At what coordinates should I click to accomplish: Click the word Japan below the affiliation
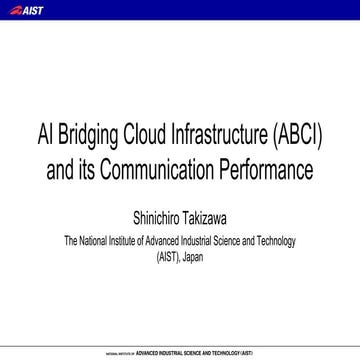pyautogui.click(x=198, y=257)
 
